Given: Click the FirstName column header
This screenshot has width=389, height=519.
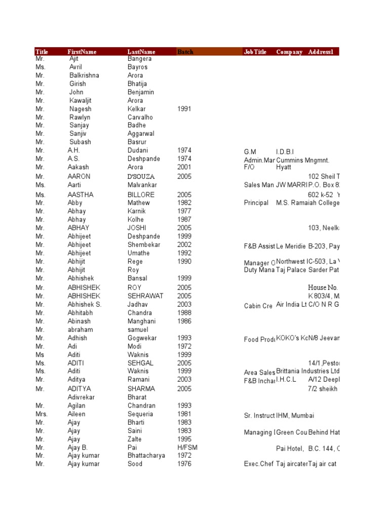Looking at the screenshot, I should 82,52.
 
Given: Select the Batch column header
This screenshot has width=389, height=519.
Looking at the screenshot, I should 185,52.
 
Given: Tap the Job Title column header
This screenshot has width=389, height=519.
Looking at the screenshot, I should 255,52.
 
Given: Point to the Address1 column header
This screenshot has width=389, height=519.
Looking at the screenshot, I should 322,52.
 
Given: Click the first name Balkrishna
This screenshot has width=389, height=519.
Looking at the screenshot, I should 84,76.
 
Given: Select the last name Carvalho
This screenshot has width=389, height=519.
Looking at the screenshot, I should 140,117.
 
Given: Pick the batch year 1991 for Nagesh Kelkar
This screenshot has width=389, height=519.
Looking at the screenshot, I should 184,109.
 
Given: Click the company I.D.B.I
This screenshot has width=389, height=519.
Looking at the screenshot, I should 285,152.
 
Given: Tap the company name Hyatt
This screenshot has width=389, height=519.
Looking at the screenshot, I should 284,167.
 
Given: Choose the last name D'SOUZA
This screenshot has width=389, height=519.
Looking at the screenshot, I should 141,176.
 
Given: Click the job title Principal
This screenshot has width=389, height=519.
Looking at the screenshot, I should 256,203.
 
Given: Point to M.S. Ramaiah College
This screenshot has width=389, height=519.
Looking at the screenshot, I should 307,203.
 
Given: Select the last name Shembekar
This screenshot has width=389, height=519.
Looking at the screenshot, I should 144,245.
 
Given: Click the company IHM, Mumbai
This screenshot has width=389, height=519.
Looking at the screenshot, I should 295,416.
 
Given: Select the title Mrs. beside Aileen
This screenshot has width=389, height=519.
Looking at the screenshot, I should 42,414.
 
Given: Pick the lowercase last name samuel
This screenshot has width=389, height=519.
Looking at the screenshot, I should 138,330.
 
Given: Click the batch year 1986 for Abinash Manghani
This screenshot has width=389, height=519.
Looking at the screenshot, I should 184,321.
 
